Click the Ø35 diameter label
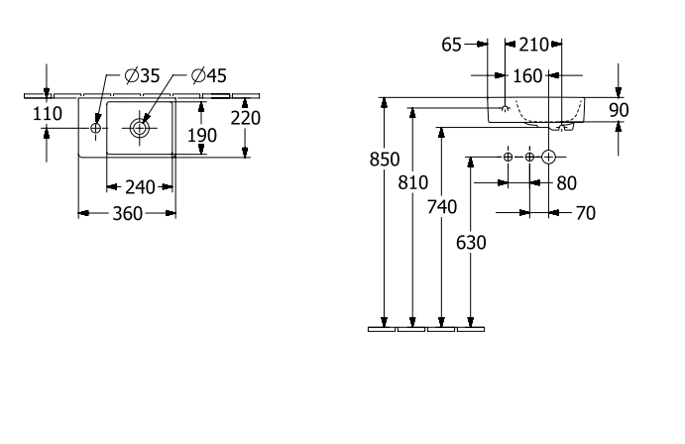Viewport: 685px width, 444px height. point(143,76)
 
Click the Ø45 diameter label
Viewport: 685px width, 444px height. point(209,76)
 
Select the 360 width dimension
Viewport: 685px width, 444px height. point(128,214)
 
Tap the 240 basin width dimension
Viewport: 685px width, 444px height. point(140,187)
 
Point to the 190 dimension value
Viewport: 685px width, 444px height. point(202,136)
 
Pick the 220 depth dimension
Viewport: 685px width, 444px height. point(246,118)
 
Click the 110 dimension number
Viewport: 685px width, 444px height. point(48,114)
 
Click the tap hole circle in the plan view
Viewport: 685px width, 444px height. point(96,128)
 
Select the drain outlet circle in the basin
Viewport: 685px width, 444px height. point(140,128)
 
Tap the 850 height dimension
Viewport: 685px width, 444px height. point(385,160)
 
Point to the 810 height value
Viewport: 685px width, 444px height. point(412,183)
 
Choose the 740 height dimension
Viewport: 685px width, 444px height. point(442,207)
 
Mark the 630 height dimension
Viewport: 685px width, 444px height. point(471,243)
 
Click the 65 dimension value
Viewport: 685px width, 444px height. point(451,45)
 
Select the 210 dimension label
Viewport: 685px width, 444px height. point(534,45)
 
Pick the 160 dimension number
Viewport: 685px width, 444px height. point(527,76)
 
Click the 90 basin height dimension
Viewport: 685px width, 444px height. point(619,110)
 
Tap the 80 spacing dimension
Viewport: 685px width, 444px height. point(567,183)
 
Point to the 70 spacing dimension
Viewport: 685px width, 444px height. point(586,213)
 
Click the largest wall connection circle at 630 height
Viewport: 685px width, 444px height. point(548,157)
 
